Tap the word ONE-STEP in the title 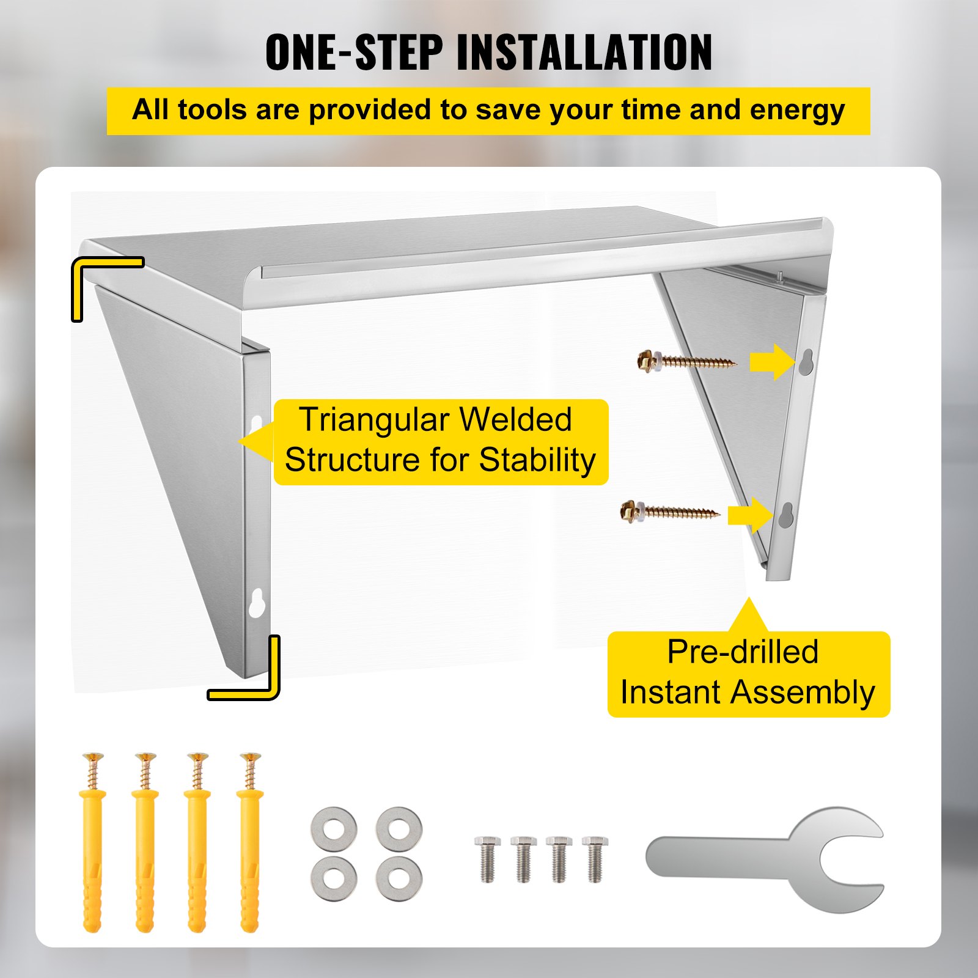(353, 53)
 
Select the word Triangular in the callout (375, 420)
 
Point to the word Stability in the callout (537, 460)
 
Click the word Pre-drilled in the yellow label (743, 652)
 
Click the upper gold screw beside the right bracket (685, 361)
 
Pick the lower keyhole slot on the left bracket (257, 602)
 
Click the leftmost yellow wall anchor (92, 844)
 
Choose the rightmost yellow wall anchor (249, 844)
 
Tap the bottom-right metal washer (399, 878)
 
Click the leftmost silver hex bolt (487, 858)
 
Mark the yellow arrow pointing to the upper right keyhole (771, 362)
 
